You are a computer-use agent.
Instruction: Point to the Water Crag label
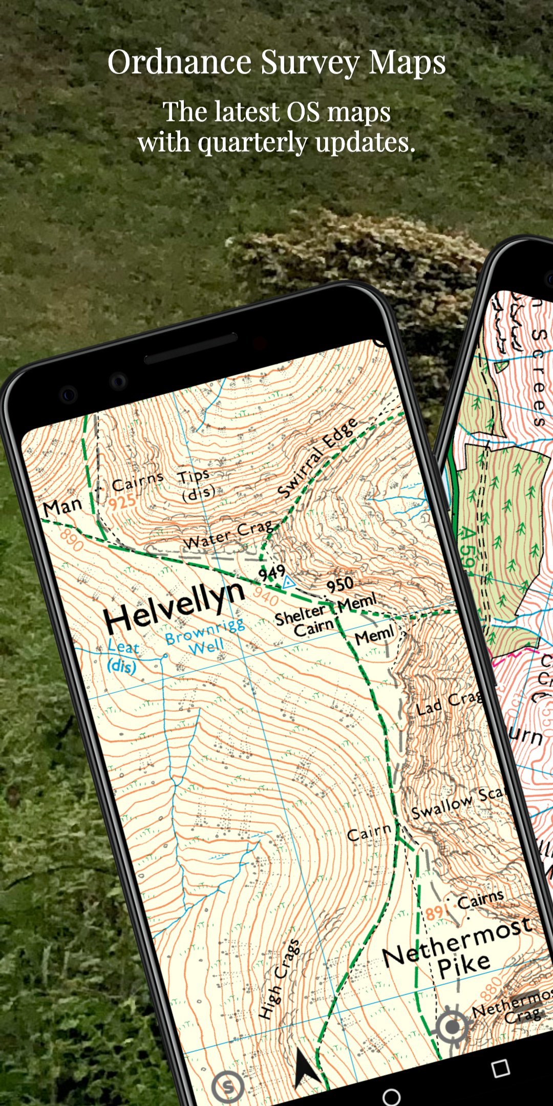pyautogui.click(x=228, y=535)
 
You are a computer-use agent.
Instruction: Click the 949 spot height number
pyautogui.click(x=271, y=572)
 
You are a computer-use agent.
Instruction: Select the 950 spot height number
pyautogui.click(x=339, y=584)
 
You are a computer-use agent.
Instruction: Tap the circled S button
pyautogui.click(x=227, y=1087)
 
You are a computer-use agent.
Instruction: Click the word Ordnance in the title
pyautogui.click(x=179, y=62)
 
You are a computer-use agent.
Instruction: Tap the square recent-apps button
pyautogui.click(x=500, y=1068)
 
